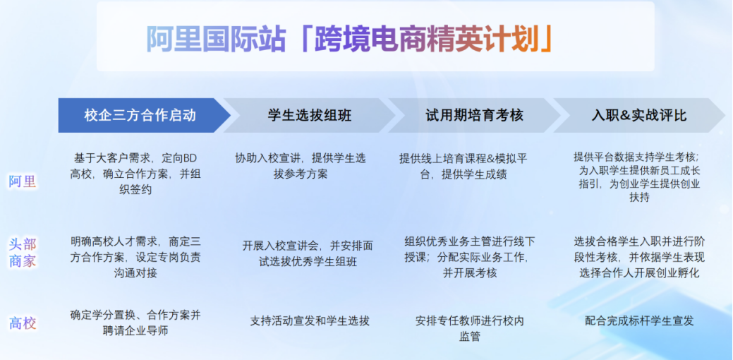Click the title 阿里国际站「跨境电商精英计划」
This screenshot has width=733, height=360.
coord(350,40)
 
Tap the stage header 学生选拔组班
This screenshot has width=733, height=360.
coord(310,116)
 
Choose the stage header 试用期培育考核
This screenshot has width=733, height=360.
coord(474,116)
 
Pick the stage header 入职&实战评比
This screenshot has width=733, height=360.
coord(639,116)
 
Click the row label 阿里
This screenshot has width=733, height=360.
coord(22,181)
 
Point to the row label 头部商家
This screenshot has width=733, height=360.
coord(22,253)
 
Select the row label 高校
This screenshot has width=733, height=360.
coord(22,323)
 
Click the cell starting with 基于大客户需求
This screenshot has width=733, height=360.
coord(135,174)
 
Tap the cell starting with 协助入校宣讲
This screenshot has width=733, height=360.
coord(301,166)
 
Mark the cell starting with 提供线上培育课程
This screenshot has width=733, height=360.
coord(464,166)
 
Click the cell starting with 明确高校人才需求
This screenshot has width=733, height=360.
coord(135,257)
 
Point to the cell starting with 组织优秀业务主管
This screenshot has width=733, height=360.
coord(470,257)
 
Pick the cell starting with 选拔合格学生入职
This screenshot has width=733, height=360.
coord(639,257)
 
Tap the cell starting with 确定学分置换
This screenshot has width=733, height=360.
coord(135,323)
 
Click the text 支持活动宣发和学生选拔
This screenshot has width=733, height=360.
coord(310,321)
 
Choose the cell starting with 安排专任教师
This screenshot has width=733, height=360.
coord(470,328)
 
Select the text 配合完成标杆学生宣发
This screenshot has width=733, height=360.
coord(639,321)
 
